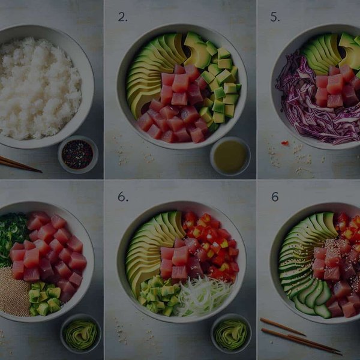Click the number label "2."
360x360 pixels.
point(122,17)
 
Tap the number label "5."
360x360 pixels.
point(275,17)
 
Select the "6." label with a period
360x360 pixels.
point(122,196)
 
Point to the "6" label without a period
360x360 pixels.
point(274,196)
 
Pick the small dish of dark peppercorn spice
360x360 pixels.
point(77,154)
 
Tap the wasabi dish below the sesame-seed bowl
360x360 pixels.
point(80,334)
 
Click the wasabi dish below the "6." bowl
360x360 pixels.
point(231,334)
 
